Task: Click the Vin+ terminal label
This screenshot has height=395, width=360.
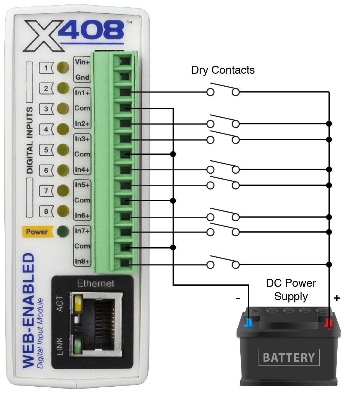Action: pyautogui.click(x=82, y=62)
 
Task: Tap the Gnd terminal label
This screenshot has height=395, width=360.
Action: pyautogui.click(x=82, y=77)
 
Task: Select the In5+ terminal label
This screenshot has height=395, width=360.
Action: pyautogui.click(x=82, y=185)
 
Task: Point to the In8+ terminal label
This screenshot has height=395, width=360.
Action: pyautogui.click(x=82, y=261)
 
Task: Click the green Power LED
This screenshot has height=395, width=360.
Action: pyautogui.click(x=63, y=232)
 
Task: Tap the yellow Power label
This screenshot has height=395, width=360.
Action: pyautogui.click(x=37, y=232)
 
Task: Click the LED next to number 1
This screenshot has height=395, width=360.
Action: pyautogui.click(x=63, y=68)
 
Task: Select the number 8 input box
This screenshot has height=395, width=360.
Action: pyautogui.click(x=46, y=211)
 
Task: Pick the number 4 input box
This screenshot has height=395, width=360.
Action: pyautogui.click(x=46, y=129)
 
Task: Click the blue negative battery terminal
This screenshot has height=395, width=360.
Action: pyautogui.click(x=249, y=323)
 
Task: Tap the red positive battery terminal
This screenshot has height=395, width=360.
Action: pyautogui.click(x=328, y=323)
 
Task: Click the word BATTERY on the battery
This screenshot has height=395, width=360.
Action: pyautogui.click(x=289, y=358)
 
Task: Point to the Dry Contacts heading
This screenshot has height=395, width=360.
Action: pyautogui.click(x=223, y=70)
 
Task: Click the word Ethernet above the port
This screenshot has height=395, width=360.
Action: pyautogui.click(x=96, y=284)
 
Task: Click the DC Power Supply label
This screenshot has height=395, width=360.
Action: pyautogui.click(x=291, y=289)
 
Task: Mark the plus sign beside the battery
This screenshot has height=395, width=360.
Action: pyautogui.click(x=337, y=298)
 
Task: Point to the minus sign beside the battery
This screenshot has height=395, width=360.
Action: pyautogui.click(x=238, y=298)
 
